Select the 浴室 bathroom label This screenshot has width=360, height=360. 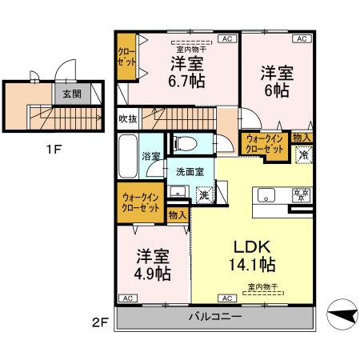(150, 157)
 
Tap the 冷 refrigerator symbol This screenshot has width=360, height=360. (304, 156)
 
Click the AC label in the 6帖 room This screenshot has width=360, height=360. (302, 38)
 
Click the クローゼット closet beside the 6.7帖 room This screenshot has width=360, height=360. (126, 58)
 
